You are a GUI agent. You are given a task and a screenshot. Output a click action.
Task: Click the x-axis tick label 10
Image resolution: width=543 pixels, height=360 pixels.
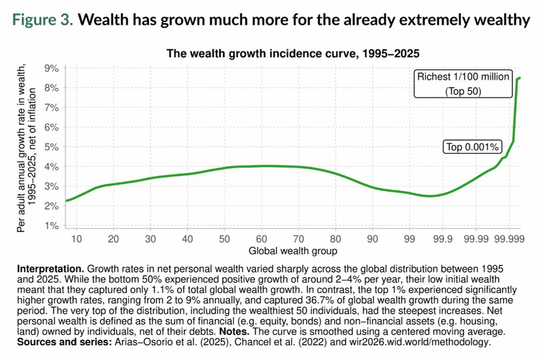77,239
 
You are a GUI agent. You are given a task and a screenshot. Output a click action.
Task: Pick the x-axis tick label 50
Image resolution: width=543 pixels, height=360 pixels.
224,239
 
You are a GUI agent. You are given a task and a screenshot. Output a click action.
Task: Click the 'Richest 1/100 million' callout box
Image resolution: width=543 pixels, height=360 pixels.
463,84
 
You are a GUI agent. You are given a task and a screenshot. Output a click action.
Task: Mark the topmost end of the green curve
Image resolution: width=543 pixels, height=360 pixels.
520,78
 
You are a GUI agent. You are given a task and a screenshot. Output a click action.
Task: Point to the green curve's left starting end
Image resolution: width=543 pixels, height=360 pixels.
66,201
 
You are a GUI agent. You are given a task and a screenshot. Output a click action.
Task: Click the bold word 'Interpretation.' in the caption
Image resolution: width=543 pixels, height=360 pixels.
51,269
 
